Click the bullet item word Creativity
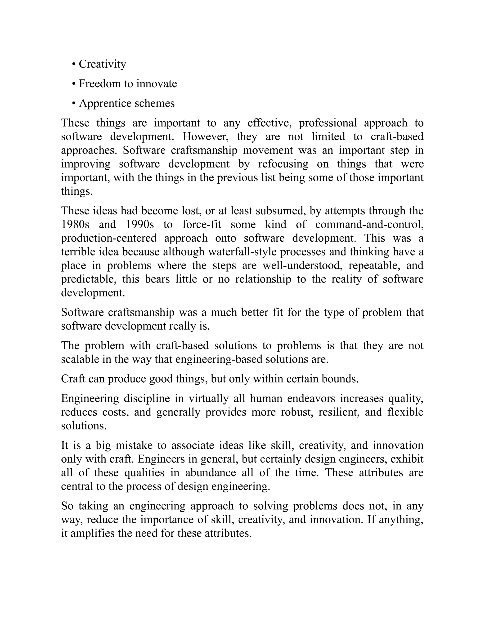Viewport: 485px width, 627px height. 102,64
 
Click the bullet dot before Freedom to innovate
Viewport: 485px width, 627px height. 74,84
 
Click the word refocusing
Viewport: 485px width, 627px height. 283,164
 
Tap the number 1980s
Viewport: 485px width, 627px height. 75,224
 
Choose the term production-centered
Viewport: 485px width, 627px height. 109,238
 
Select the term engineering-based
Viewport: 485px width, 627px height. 219,359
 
